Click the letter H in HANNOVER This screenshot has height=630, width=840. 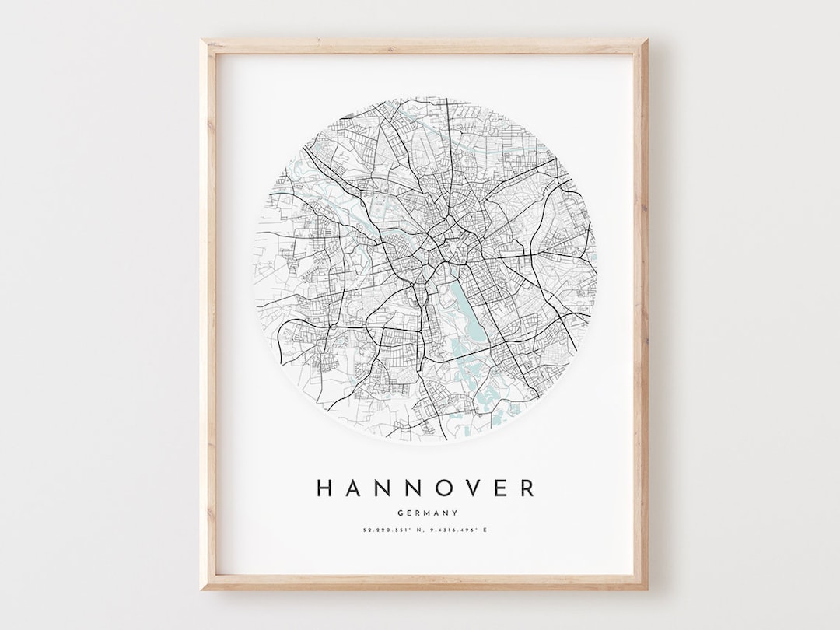[x=324, y=488]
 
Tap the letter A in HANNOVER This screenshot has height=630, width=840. [x=353, y=488]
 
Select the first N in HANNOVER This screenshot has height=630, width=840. [x=383, y=488]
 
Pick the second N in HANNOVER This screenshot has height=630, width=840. [x=415, y=488]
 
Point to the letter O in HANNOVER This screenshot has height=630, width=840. [x=446, y=488]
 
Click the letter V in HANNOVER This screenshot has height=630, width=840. [x=475, y=488]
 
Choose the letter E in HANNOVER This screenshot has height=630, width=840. [x=502, y=488]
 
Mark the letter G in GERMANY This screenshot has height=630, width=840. [x=399, y=513]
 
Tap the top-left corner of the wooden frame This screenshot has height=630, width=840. [x=203, y=40]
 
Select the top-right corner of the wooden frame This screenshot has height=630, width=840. [x=645, y=40]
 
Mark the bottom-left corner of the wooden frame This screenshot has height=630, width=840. [x=203, y=588]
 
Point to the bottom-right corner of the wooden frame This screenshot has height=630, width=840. [x=645, y=588]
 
